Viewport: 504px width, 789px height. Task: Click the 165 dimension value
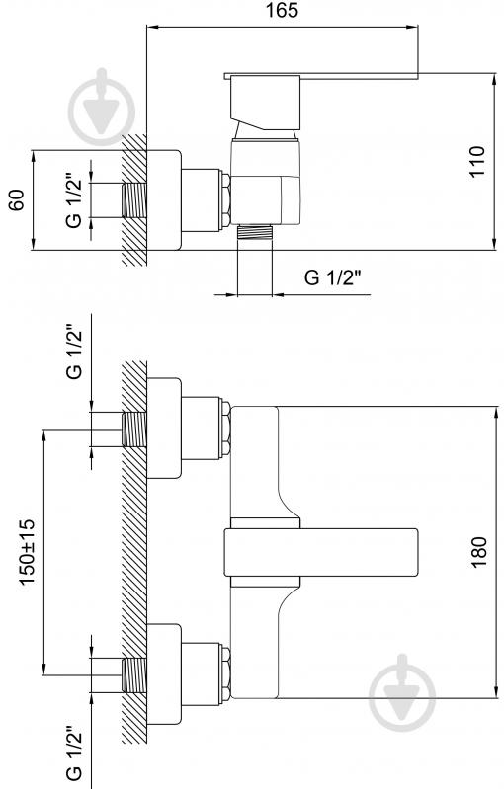[282, 11]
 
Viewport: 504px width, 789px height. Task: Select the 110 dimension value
[476, 161]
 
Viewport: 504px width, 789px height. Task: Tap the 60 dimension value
[17, 199]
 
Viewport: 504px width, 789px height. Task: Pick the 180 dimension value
[479, 552]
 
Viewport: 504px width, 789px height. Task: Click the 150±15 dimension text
[28, 552]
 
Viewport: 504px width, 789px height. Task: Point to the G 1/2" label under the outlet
[333, 277]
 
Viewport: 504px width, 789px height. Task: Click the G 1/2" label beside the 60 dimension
[73, 200]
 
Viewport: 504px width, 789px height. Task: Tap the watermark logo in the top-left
[102, 107]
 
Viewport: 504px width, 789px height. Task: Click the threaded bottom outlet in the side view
[255, 232]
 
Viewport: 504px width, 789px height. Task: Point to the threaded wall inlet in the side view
[134, 200]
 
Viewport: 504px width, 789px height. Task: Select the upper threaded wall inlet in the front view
[134, 430]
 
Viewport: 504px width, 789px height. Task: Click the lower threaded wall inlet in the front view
[134, 675]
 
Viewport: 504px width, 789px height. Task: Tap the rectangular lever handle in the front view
[321, 552]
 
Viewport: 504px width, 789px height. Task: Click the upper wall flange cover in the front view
[164, 428]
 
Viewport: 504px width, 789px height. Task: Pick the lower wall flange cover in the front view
[164, 674]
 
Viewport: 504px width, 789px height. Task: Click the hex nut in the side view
[225, 200]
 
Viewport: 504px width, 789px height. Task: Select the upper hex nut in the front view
[225, 430]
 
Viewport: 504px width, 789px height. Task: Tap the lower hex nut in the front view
[225, 674]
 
